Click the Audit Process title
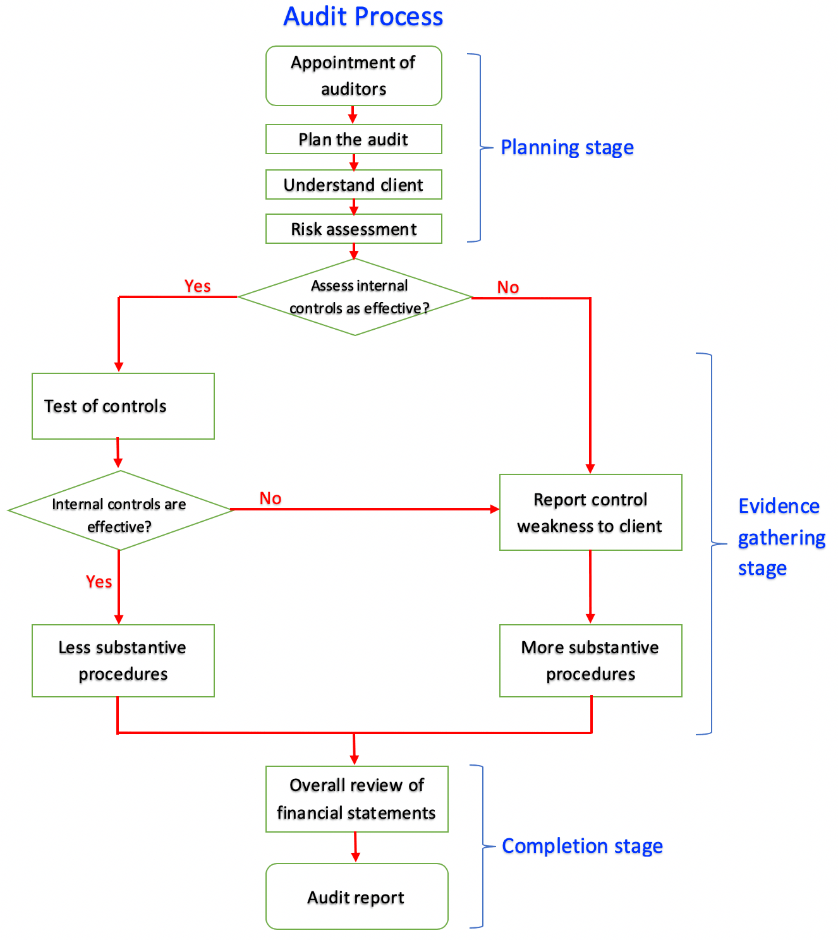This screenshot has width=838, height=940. pyautogui.click(x=363, y=17)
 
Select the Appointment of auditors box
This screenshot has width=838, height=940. pyautogui.click(x=353, y=76)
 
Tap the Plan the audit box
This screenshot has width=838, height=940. pyautogui.click(x=353, y=139)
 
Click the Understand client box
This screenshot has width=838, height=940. pyautogui.click(x=353, y=184)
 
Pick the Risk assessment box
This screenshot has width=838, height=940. pyautogui.click(x=353, y=229)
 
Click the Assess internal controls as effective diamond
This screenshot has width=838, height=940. pyautogui.click(x=355, y=297)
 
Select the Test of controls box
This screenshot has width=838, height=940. pyautogui.click(x=123, y=406)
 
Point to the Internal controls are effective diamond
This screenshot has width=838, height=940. pyautogui.click(x=119, y=510)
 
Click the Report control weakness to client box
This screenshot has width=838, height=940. pyautogui.click(x=590, y=512)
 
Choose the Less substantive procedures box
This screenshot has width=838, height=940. pyautogui.click(x=123, y=661)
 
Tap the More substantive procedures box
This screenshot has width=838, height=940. pyautogui.click(x=590, y=661)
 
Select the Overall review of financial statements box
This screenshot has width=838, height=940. pyautogui.click(x=356, y=799)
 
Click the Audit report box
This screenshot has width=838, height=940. pyautogui.click(x=356, y=896)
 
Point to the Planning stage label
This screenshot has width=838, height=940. pyautogui.click(x=567, y=147)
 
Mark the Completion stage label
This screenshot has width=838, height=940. pyautogui.click(x=582, y=846)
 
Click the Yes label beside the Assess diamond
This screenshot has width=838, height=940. pyautogui.click(x=197, y=286)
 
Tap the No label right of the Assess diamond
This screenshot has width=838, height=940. pyautogui.click(x=507, y=287)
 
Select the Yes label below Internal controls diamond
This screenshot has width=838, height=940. pyautogui.click(x=99, y=581)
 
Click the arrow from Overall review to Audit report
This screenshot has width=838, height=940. pyautogui.click(x=355, y=847)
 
